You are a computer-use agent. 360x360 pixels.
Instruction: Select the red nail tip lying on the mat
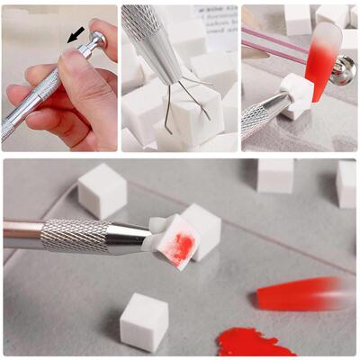pyautogui.click(x=306, y=292)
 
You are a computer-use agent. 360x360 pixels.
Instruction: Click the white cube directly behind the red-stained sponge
pyautogui.click(x=202, y=225)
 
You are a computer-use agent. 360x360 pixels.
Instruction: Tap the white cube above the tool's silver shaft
pyautogui.click(x=101, y=190)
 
